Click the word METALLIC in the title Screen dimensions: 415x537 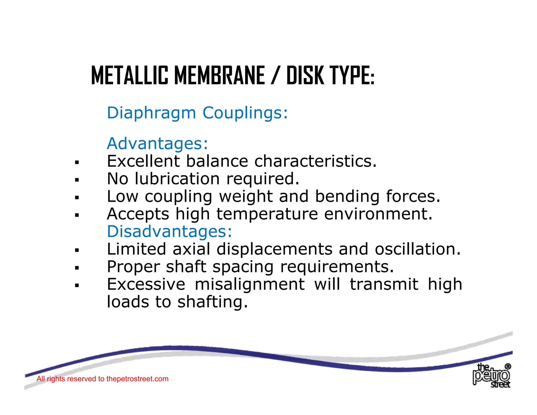(130, 76)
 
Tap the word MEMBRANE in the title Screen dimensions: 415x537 (219, 76)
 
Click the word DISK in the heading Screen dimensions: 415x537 (305, 76)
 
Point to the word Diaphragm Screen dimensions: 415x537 (151, 113)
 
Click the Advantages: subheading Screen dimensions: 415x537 (157, 144)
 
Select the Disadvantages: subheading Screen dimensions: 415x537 (169, 232)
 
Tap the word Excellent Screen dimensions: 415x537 (143, 161)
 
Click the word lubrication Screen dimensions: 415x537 (177, 179)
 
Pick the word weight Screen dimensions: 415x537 (246, 197)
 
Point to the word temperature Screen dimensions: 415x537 (267, 214)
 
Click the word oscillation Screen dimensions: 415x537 (417, 249)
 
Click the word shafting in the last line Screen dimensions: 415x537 (212, 302)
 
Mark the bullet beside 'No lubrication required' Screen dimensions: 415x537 (77, 180)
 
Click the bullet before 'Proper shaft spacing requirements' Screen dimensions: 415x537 (77, 268)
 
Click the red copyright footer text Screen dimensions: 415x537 (102, 379)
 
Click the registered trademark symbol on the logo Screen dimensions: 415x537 (508, 366)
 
